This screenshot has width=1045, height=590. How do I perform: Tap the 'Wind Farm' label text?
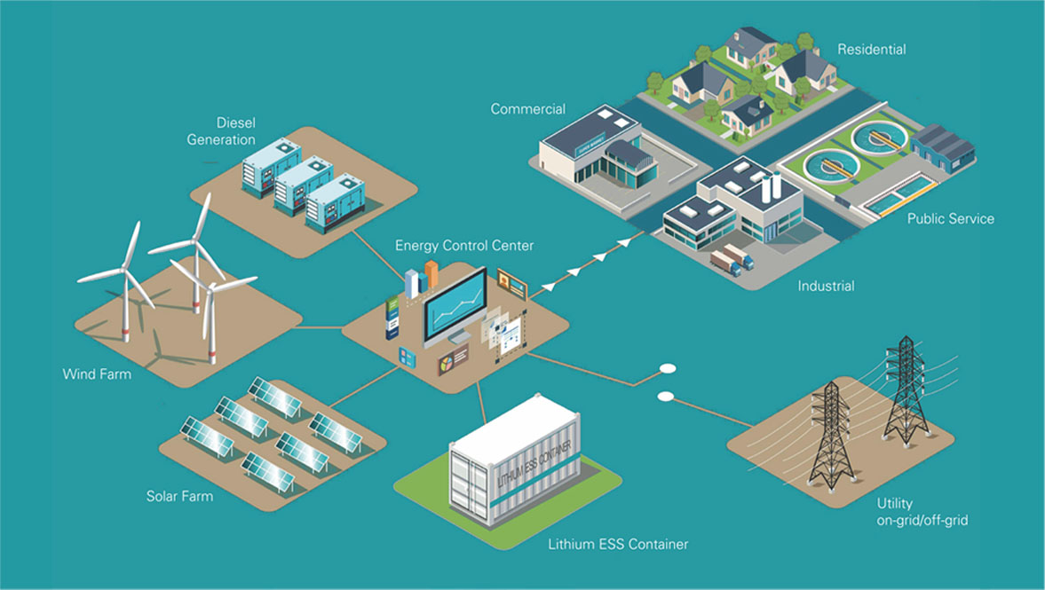pos(97,374)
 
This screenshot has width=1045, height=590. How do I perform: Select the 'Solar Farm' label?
pos(179,496)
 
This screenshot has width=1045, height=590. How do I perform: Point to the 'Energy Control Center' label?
pos(464,245)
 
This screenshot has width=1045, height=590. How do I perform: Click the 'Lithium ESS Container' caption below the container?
pos(618,544)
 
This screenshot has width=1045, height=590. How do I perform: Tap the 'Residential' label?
pos(872,50)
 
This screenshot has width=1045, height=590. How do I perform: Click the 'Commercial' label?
pos(528,109)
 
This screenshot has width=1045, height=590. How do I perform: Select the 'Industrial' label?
pos(826,286)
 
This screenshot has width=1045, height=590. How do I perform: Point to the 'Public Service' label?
pos(950,218)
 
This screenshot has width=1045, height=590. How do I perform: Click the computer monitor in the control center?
pos(455,306)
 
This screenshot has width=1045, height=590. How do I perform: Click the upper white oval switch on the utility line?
pos(666,368)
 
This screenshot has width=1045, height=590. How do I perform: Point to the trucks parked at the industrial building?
pos(732,260)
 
